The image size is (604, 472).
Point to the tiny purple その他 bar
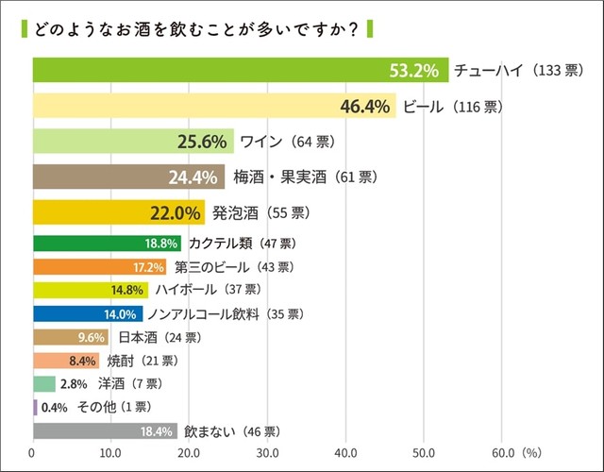pos(35,408)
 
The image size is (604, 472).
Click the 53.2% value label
pos(416,70)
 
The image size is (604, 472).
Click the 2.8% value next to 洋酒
pos(73,384)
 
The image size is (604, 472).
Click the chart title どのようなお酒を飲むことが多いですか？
pos(193,27)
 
